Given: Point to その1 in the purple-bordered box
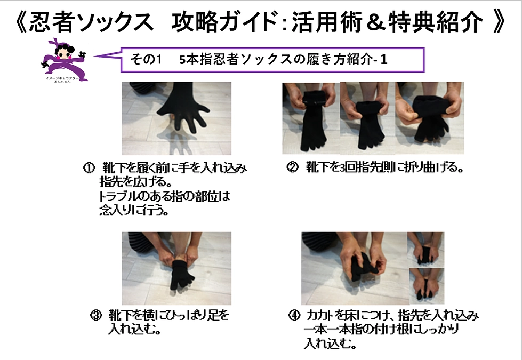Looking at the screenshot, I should point(145,60).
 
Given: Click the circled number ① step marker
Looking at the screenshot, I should point(87,169).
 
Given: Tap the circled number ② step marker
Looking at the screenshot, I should point(292,168).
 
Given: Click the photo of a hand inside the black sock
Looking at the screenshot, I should point(176,118).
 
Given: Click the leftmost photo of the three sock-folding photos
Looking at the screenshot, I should point(310,117).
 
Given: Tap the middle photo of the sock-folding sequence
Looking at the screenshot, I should point(366,117).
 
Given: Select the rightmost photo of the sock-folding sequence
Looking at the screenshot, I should point(429,117).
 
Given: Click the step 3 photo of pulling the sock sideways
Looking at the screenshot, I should point(176,268).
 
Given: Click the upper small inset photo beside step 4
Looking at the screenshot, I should point(425,249).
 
